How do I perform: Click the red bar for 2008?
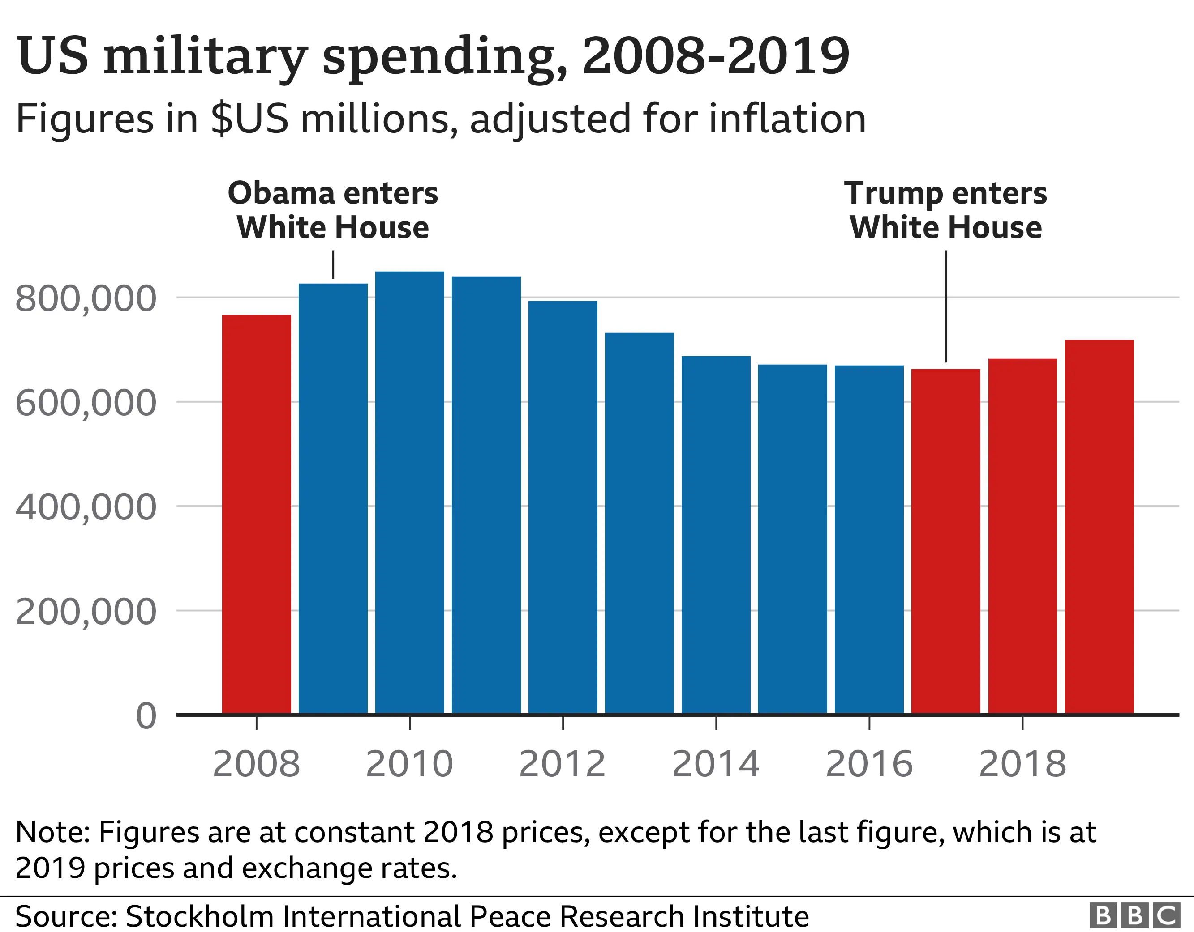(257, 514)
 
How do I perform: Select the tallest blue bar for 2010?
(409, 492)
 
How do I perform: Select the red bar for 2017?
(945, 541)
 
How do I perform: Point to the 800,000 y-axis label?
(86, 299)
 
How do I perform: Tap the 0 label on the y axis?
(146, 715)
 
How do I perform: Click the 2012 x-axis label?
(563, 764)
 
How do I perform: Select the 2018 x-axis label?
(1022, 764)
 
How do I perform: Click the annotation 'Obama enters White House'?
(333, 210)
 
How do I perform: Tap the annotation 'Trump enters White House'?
(945, 210)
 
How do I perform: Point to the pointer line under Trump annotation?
(946, 306)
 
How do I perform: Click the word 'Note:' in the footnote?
(52, 832)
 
